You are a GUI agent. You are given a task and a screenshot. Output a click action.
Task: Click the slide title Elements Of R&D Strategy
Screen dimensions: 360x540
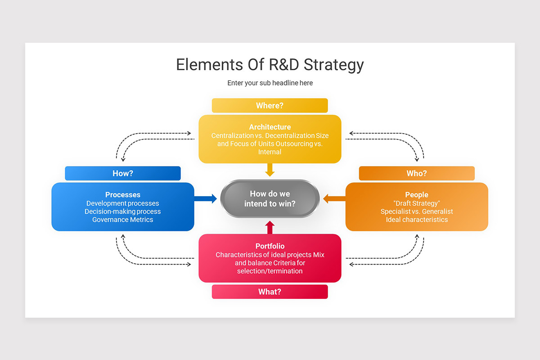pos(270,64)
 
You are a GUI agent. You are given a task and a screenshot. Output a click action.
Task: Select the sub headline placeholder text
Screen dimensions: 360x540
pos(270,83)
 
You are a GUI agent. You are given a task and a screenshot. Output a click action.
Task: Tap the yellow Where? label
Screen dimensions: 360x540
pos(270,105)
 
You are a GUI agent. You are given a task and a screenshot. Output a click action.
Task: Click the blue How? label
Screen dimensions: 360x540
pos(122,173)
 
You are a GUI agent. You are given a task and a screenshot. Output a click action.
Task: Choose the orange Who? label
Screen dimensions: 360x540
pos(417,173)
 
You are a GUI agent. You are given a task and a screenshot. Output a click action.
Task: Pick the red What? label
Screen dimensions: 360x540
pos(270,292)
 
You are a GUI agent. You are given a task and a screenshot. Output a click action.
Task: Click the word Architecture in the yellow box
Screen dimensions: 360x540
pos(270,127)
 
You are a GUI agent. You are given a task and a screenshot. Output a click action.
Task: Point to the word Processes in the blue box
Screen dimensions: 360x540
pos(123,194)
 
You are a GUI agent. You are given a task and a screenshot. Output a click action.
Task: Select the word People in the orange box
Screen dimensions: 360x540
pos(417,194)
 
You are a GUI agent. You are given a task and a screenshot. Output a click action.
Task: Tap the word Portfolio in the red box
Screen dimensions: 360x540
pos(270,246)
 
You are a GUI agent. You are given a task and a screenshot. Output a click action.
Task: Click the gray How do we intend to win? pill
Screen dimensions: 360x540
pos(270,198)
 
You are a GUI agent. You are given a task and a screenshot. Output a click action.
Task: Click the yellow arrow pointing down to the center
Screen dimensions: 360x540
pos(270,170)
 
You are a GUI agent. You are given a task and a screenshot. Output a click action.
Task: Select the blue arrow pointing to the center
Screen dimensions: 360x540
pos(206,198)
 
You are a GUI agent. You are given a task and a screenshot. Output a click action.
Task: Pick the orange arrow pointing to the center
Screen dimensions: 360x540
pos(334,198)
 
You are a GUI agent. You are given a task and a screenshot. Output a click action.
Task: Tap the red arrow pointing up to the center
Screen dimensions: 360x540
pos(270,227)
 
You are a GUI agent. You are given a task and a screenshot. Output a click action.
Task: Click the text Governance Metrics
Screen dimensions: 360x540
pos(123,220)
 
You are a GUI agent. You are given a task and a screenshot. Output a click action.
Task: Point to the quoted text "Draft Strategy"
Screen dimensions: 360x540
pos(417,203)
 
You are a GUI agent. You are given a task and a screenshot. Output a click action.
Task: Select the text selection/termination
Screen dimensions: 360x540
pos(270,271)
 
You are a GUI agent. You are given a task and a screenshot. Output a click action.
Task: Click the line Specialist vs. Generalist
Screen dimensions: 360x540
pos(417,211)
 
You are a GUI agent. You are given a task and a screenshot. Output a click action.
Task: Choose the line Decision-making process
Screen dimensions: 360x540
pos(123,211)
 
